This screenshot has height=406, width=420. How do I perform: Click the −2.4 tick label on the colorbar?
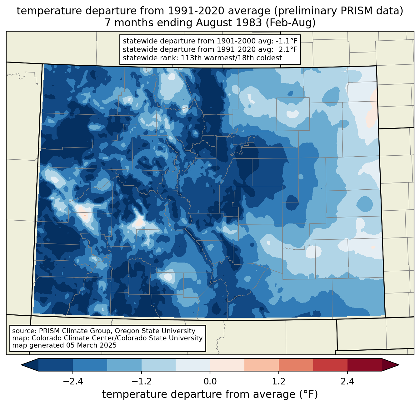click(73, 382)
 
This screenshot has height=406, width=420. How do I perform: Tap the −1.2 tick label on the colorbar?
click(141, 382)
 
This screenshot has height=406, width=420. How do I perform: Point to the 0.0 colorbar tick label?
click(210, 382)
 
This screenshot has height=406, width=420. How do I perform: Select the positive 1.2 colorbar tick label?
click(279, 382)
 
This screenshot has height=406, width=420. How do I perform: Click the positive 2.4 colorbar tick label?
click(347, 382)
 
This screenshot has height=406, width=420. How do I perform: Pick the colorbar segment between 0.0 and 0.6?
click(227, 365)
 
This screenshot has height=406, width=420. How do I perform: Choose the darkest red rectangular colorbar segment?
click(364, 365)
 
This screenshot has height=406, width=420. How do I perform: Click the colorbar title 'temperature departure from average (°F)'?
click(210, 394)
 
